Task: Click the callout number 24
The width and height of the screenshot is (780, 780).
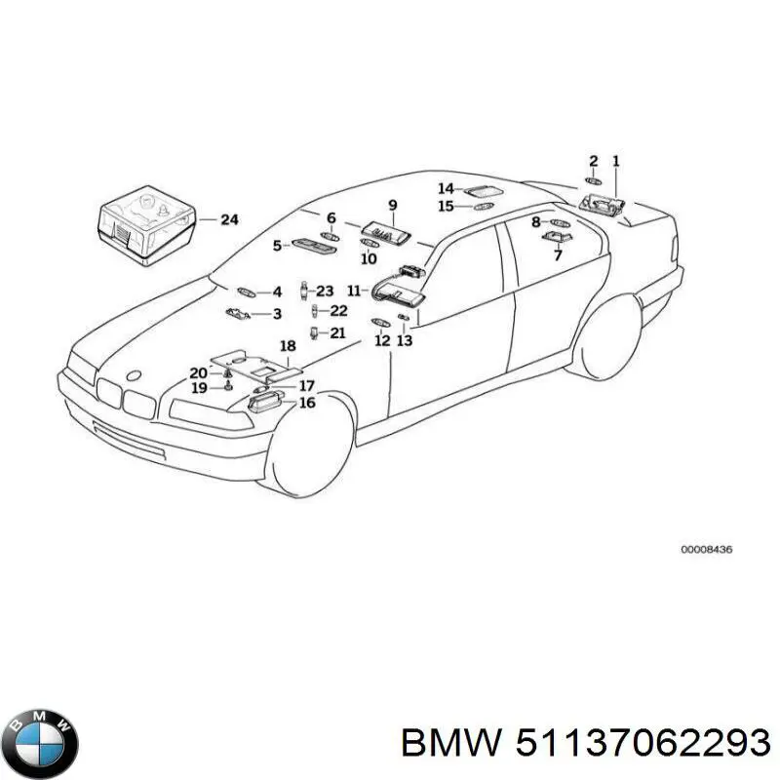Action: pyautogui.click(x=229, y=220)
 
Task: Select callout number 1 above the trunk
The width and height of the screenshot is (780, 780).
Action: pyautogui.click(x=615, y=160)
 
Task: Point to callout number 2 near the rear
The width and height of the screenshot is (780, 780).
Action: pyautogui.click(x=592, y=160)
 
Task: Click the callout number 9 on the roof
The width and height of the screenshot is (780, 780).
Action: pyautogui.click(x=393, y=205)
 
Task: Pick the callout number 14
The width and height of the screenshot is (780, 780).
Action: pyautogui.click(x=445, y=188)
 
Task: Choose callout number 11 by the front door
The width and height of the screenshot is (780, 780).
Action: pyautogui.click(x=353, y=290)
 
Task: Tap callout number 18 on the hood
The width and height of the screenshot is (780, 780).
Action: pyautogui.click(x=287, y=346)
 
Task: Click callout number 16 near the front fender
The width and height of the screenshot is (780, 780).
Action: pyautogui.click(x=307, y=403)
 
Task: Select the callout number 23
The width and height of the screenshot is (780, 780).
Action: pyautogui.click(x=325, y=291)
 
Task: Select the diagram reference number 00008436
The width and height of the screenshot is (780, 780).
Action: pyautogui.click(x=706, y=550)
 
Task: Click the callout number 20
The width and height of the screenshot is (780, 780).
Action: pyautogui.click(x=198, y=372)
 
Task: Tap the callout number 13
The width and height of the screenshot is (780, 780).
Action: pyautogui.click(x=405, y=340)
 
